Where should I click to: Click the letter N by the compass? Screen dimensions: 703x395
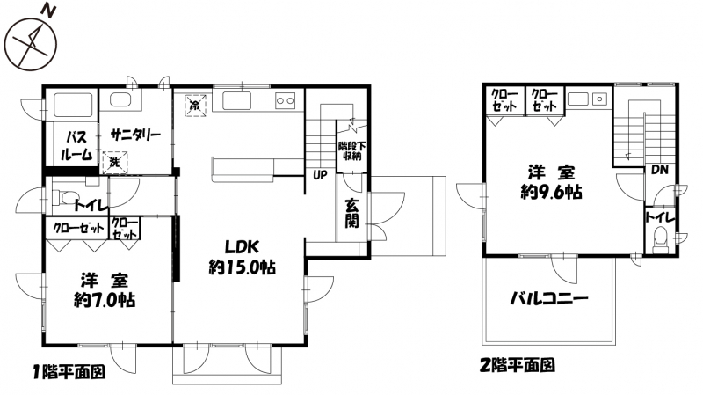click(48, 11)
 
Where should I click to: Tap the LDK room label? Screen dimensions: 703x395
click(242, 246)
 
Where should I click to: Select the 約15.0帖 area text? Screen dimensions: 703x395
click(243, 267)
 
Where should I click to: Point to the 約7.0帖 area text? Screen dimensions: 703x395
click(105, 300)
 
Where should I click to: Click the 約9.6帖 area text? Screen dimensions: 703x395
click(552, 192)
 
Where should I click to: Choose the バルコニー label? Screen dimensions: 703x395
click(549, 298)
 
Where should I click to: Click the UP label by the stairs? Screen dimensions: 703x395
click(320, 175)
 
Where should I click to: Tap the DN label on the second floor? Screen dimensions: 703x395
click(660, 170)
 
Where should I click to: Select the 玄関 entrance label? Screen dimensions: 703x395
click(352, 214)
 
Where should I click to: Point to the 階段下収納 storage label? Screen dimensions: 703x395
click(352, 151)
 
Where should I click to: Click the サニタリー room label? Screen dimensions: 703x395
click(135, 135)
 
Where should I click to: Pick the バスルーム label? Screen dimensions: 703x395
click(76, 146)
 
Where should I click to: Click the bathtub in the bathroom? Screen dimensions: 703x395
click(74, 104)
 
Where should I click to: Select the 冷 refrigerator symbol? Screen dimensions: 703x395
click(195, 106)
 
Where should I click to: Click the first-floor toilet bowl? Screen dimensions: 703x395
click(62, 197)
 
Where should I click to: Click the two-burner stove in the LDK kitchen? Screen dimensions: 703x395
click(285, 100)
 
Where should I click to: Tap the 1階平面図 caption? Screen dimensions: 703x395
click(69, 372)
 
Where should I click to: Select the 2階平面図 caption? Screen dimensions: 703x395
click(518, 365)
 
